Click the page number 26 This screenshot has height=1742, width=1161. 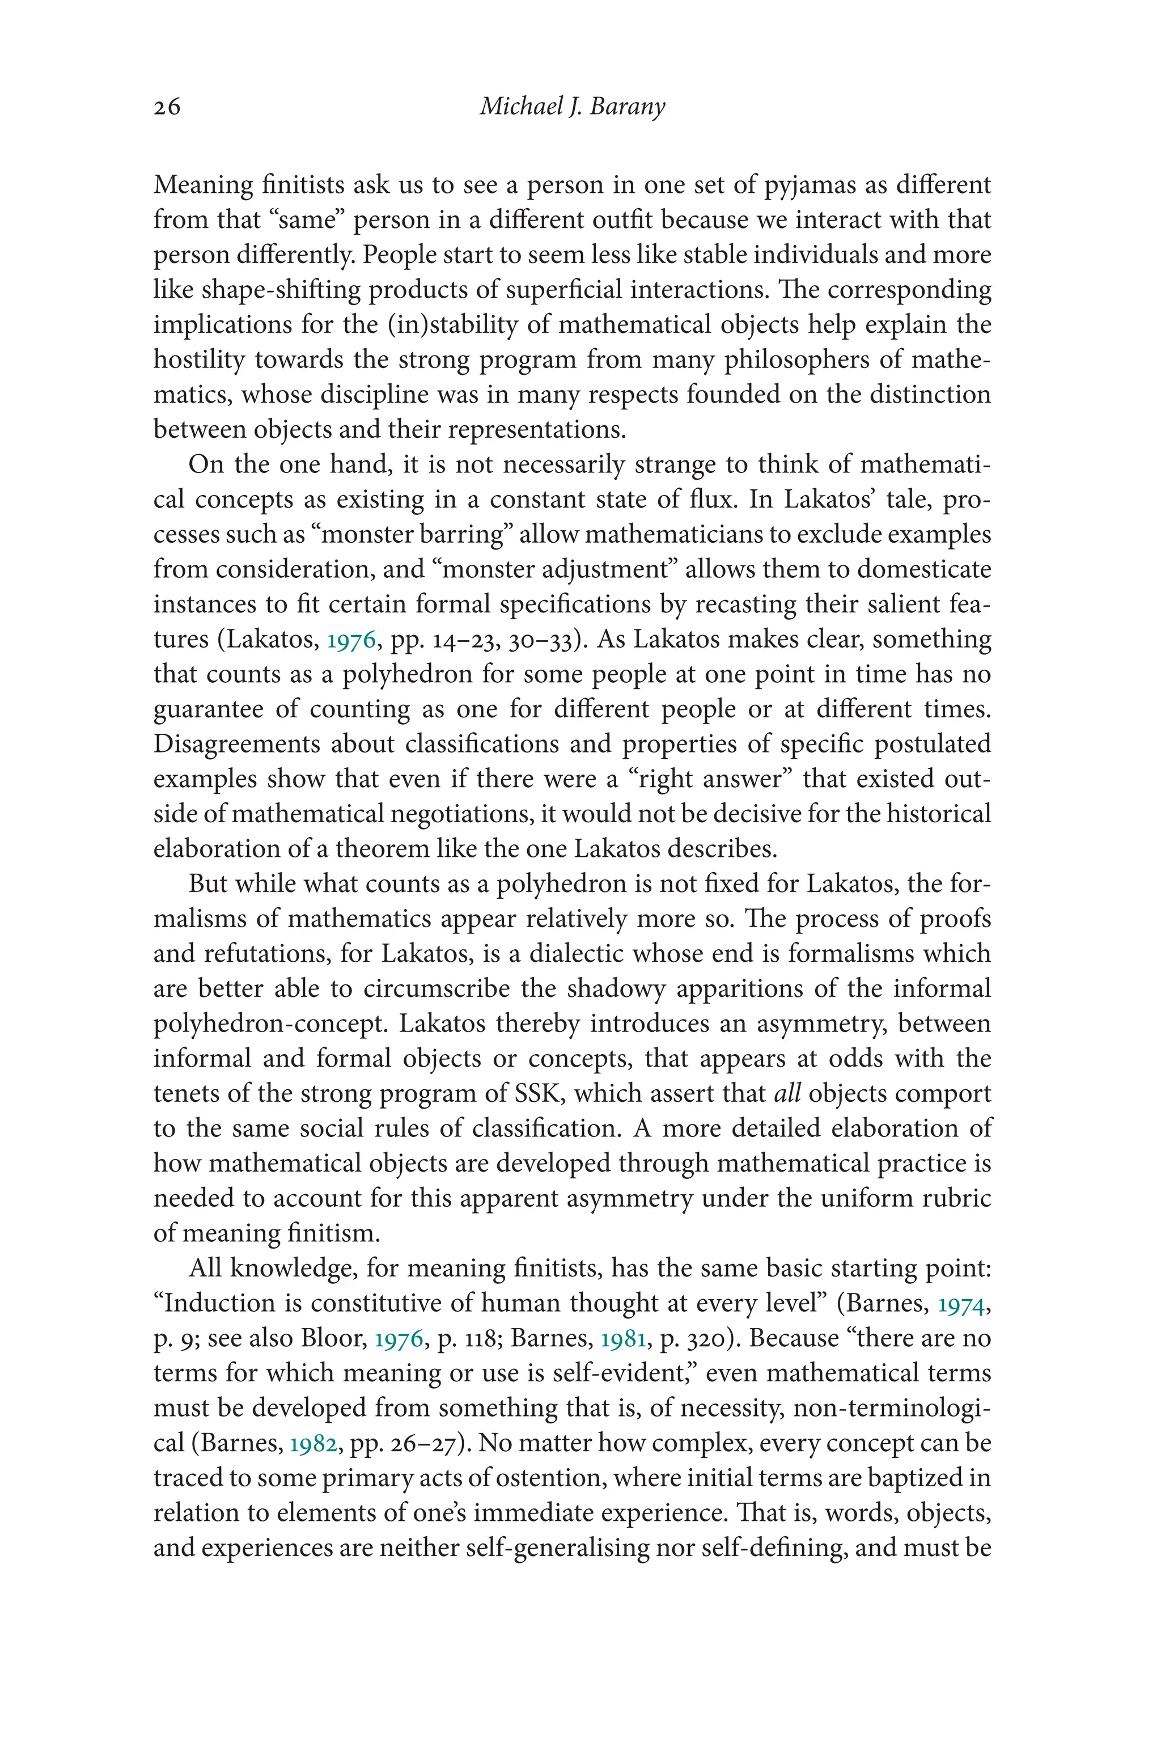167,107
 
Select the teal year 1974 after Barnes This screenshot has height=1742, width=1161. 961,1304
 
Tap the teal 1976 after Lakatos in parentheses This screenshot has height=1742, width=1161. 351,640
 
